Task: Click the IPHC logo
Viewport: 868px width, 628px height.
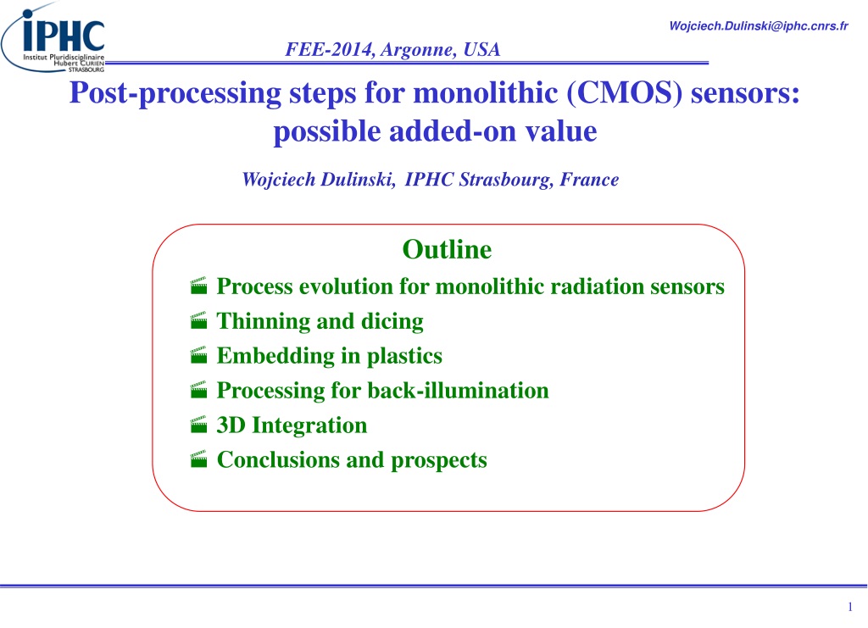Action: (53, 37)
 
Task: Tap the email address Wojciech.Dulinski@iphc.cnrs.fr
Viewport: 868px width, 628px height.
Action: (759, 26)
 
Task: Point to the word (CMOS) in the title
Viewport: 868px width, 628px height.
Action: (624, 92)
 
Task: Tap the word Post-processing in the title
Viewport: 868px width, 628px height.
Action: (175, 93)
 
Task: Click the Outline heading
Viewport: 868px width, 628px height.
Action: (447, 249)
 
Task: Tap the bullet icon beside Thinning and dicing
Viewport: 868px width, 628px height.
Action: (198, 320)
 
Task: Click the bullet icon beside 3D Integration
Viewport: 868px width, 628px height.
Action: (198, 425)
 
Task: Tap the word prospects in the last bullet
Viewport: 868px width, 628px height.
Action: (439, 460)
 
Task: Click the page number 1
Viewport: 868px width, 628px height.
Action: (850, 607)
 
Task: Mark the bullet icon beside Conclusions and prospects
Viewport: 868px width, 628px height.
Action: (198, 459)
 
